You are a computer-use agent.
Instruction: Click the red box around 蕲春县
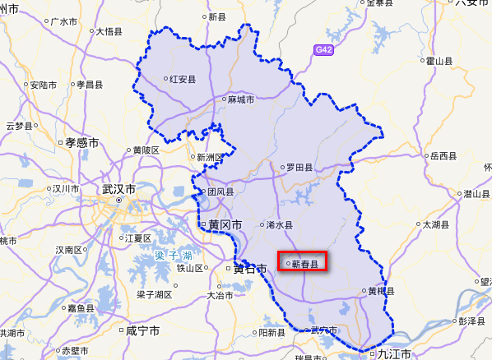click(x=303, y=262)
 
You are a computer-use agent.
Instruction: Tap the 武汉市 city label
click(x=119, y=189)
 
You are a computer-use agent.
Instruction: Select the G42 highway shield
click(x=324, y=49)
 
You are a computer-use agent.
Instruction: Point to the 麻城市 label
click(x=240, y=100)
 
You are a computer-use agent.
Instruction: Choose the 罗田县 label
click(x=299, y=167)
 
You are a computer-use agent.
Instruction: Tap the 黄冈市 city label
click(x=221, y=224)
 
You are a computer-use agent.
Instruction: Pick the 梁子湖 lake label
click(x=174, y=256)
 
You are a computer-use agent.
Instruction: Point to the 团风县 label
click(x=220, y=192)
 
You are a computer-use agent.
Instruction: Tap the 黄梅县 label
click(x=380, y=291)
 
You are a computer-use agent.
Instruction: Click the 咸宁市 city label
click(x=142, y=330)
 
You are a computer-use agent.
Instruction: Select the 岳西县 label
click(x=443, y=155)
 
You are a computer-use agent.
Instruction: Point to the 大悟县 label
click(x=109, y=32)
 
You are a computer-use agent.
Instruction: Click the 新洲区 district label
click(x=210, y=157)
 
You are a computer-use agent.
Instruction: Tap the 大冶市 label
click(x=220, y=293)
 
